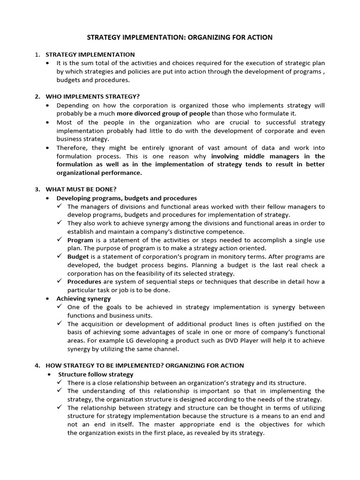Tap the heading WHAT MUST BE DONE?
(x=81, y=189)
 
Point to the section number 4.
(x=37, y=365)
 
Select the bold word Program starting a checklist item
(x=80, y=240)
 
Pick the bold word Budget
(x=78, y=257)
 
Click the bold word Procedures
(x=84, y=282)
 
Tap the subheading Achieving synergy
(x=83, y=299)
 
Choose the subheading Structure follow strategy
(x=96, y=374)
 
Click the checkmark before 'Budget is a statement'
(x=60, y=256)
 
